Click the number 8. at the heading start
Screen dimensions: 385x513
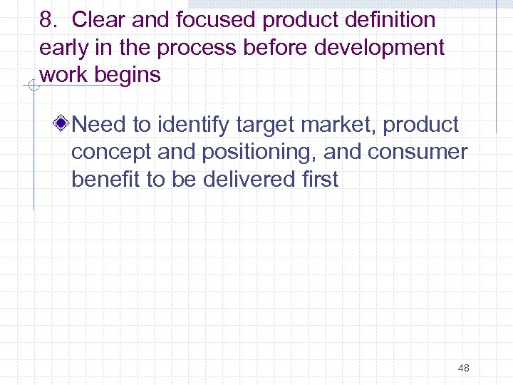(48, 21)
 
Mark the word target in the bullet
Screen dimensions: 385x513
(266, 125)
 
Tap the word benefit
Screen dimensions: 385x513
(106, 179)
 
